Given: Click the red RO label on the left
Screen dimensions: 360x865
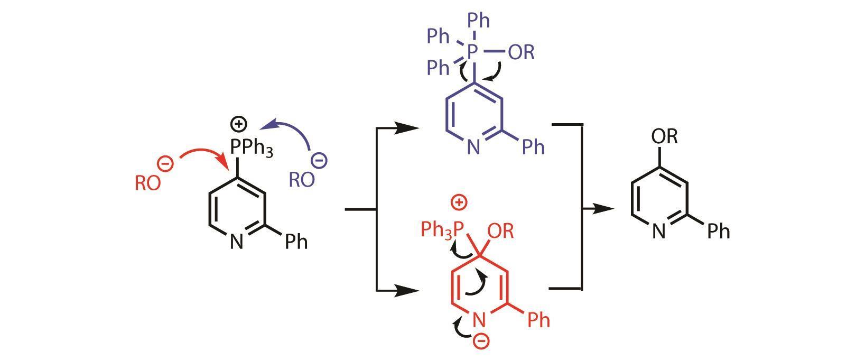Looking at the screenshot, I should tap(147, 183).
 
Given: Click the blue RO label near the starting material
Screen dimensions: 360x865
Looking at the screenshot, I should tap(301, 180).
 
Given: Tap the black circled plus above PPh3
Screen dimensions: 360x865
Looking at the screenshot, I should tap(239, 124).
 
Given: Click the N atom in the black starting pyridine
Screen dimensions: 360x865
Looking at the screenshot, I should tap(236, 242).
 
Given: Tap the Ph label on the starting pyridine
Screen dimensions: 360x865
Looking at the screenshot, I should tap(296, 242).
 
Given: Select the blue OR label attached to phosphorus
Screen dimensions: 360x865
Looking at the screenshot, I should tap(521, 52).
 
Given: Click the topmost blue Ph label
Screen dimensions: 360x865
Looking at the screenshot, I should tap(479, 21).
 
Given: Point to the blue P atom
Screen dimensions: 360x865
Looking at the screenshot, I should tap(473, 51).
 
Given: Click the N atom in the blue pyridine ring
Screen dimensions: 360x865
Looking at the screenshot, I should tap(473, 147).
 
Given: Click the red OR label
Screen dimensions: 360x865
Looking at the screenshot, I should tap(500, 231).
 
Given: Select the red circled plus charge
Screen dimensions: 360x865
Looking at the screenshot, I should tap(459, 202).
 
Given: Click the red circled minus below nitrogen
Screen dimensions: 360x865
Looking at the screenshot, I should tap(481, 341).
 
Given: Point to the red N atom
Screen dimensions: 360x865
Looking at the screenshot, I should tap(478, 319).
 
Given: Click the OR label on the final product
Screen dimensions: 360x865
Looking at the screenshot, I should tap(664, 136).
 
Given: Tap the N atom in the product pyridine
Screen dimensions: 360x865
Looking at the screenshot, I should tap(658, 231).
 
